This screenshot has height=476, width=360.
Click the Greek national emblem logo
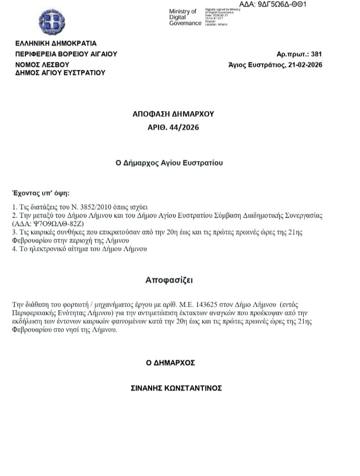52,22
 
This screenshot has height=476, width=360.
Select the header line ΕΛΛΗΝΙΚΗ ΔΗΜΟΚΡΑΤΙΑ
56,44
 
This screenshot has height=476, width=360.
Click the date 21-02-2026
304,65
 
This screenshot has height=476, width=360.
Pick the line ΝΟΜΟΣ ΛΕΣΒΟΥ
42,65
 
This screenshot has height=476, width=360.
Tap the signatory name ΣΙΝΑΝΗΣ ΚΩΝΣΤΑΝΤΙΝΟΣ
176,388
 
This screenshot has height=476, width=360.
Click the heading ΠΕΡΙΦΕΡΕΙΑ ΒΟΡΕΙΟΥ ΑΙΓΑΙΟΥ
66,54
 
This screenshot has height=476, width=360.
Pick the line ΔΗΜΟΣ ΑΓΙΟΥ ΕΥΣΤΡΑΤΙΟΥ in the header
60,73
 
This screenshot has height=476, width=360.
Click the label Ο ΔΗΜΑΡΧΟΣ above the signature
170,363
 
